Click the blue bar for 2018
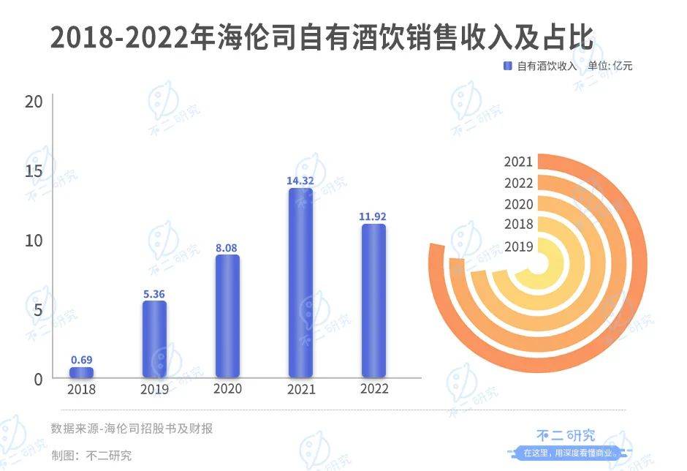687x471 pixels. (81, 372)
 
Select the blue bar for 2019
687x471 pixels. (154, 339)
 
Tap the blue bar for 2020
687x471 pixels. (227, 316)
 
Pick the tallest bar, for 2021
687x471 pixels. (300, 282)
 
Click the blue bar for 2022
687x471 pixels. (373, 301)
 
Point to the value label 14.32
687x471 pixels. (300, 179)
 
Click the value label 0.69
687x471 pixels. (81, 360)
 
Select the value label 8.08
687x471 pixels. (227, 248)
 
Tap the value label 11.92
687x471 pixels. (373, 216)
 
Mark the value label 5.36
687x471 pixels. (154, 294)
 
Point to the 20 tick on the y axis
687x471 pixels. (34, 102)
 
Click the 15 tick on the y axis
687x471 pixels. (34, 171)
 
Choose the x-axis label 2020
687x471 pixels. (227, 389)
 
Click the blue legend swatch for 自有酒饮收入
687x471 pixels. (507, 66)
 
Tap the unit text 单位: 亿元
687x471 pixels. (609, 66)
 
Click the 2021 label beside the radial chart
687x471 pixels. (518, 162)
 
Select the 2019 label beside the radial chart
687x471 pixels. (518, 246)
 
